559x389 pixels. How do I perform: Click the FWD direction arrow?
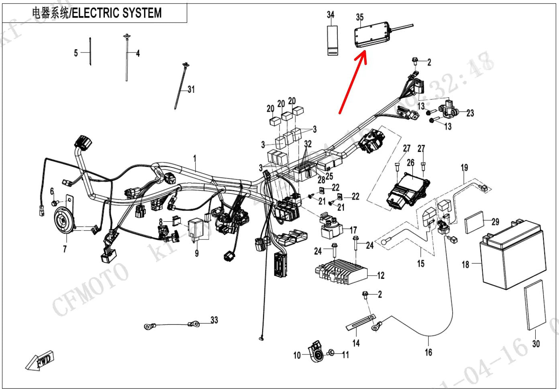pos(40,361)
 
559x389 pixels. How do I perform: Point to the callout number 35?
pos(360,17)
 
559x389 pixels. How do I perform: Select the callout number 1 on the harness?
pos(195,159)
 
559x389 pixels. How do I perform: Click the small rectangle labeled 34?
pos(332,40)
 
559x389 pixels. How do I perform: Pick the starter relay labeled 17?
pos(331,229)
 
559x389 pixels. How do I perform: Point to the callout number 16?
pos(428,352)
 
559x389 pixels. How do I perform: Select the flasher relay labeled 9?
pos(197,227)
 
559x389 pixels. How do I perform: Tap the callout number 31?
pos(191,89)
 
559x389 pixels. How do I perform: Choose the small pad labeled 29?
pos(475,225)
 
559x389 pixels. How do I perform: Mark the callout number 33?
pos(214,320)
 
